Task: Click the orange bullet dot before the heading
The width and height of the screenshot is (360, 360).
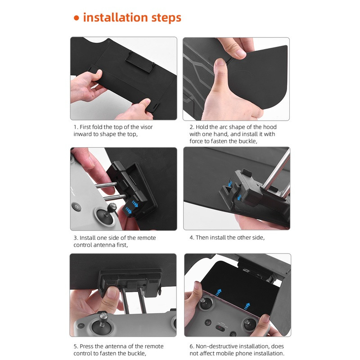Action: tap(76, 18)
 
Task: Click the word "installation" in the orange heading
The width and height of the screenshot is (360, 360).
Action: tap(116, 17)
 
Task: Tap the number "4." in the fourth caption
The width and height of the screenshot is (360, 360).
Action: tap(192, 238)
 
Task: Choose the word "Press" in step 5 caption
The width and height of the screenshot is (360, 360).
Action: tap(86, 346)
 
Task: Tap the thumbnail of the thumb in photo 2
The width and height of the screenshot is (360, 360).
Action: tap(220, 62)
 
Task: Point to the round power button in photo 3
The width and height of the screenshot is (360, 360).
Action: tap(76, 207)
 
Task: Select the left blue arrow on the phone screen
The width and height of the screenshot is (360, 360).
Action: tap(218, 292)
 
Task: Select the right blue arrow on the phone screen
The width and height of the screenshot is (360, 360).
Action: tap(247, 306)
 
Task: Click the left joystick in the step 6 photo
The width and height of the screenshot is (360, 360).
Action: tap(203, 303)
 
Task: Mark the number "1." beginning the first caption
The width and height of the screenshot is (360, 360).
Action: tap(76, 127)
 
